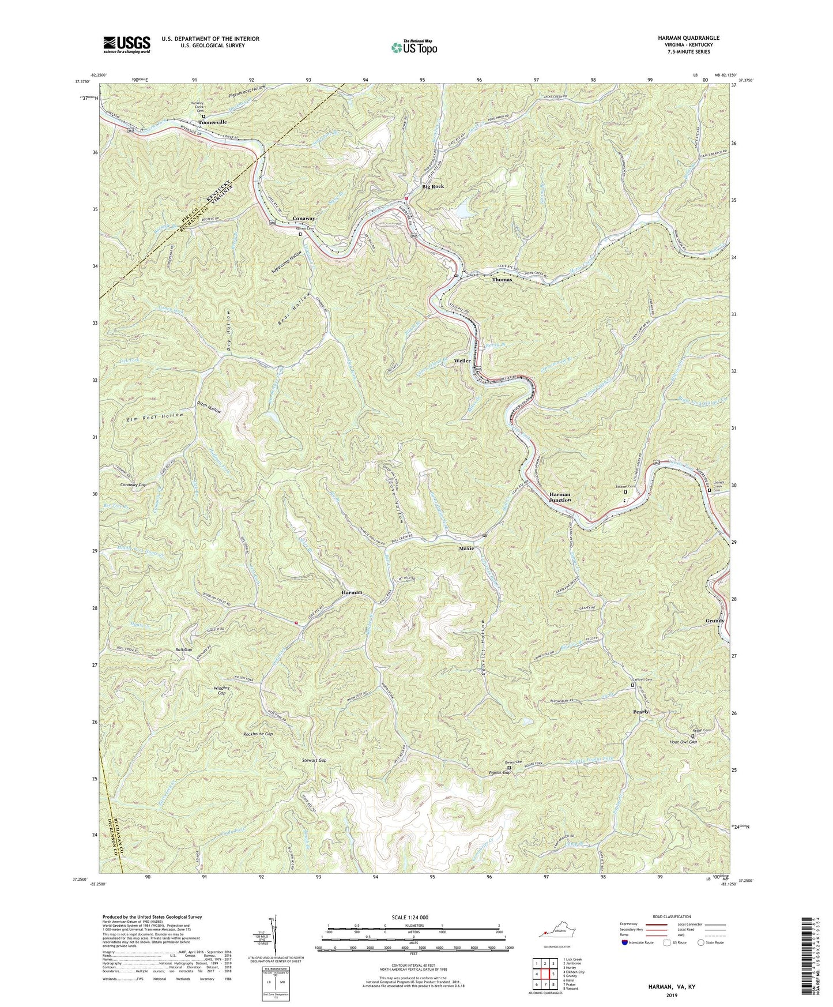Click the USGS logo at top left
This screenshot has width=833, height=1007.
[127, 44]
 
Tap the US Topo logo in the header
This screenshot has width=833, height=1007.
[413, 47]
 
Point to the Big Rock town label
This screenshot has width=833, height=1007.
[433, 187]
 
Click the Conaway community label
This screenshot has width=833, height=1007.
[304, 219]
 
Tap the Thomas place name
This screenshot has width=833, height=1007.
[502, 280]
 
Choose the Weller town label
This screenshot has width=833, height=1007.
[462, 360]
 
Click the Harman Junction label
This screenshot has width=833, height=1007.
[560, 497]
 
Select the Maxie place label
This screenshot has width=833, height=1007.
[466, 548]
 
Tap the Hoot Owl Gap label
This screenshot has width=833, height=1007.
[683, 742]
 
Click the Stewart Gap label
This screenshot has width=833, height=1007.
[314, 761]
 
